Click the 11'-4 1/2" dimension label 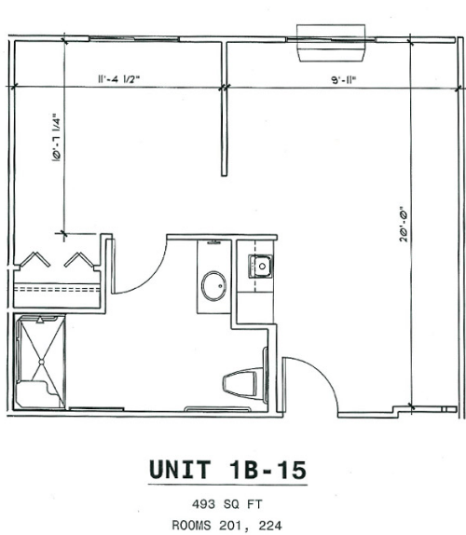click(119, 79)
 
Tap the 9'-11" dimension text click(344, 80)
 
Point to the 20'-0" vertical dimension click(404, 225)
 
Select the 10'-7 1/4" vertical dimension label click(57, 137)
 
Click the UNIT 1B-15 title click(228, 470)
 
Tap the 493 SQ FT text click(227, 504)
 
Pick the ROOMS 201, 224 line click(226, 525)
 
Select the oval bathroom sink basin click(214, 286)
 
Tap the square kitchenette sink click(261, 267)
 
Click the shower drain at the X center click(41, 362)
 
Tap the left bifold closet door click(34, 260)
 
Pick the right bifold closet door click(78, 260)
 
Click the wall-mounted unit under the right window click(331, 43)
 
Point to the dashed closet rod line click(57, 289)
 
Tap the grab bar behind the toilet click(266, 375)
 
